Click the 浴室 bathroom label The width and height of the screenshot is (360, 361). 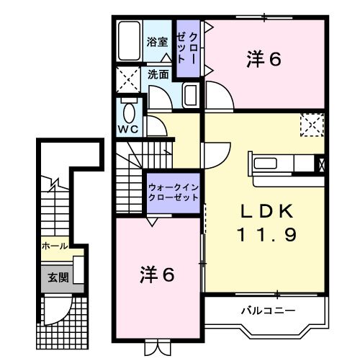158,43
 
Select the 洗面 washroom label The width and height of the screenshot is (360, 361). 158,73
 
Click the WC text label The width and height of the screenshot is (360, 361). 128,130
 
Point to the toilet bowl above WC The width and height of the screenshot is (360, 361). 128,113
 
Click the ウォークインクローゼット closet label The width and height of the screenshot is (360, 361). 173,192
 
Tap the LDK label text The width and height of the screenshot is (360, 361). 266,211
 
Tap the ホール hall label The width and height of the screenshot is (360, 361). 55,246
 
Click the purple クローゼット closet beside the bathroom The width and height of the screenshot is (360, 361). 190,49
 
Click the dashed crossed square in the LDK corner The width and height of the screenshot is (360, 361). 312,125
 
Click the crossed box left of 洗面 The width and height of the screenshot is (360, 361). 130,78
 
